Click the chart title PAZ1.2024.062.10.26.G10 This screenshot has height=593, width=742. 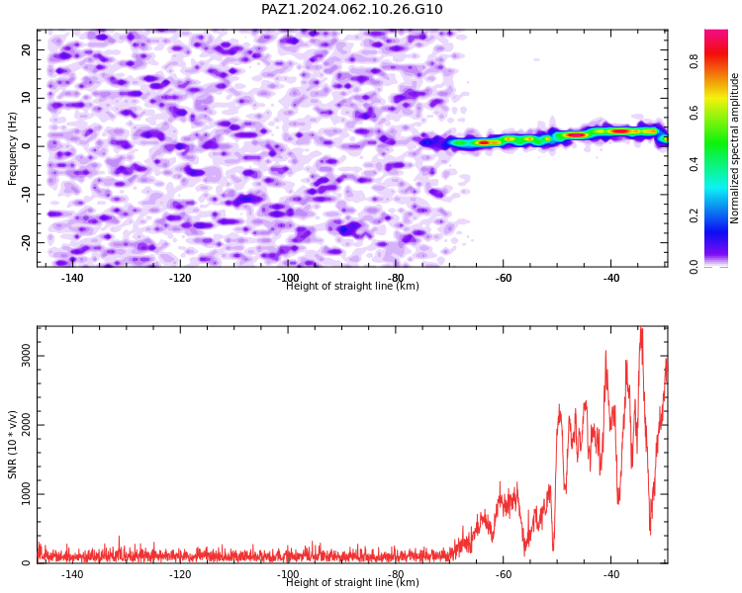pos(351,9)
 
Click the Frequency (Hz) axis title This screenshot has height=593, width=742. pos(12,148)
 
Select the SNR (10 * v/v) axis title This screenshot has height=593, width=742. pos(12,445)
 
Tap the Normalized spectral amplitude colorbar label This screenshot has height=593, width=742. pos(734,148)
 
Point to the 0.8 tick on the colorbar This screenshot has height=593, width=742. pos(694,61)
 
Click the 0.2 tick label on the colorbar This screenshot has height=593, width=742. pos(694,215)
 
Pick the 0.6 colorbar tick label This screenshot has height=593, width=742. pos(694,113)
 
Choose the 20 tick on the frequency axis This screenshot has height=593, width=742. pos(27,49)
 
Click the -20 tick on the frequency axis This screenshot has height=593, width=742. pos(27,242)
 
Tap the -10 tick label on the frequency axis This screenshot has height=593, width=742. pos(27,195)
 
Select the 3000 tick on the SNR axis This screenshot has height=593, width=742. pos(27,356)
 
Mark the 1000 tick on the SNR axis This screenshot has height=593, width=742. pos(27,494)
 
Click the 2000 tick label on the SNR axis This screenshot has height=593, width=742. pos(27,425)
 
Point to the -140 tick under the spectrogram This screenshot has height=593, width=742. pos(72,278)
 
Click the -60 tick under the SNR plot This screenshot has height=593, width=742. pos(504,574)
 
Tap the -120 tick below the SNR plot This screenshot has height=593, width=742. pos(180,574)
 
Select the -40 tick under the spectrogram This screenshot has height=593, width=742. pos(611,278)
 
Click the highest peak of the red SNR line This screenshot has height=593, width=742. pos(641,328)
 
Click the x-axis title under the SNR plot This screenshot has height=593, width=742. pos(352,582)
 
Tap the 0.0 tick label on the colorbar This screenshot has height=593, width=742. pos(694,267)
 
